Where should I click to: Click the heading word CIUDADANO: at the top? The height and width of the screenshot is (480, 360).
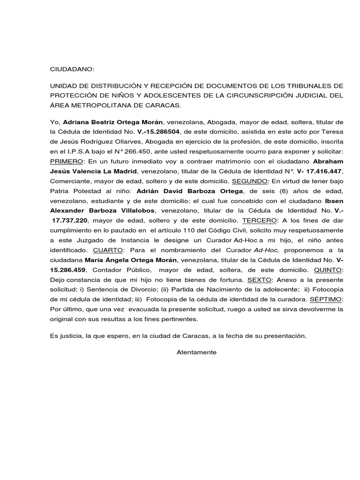coord(72,69)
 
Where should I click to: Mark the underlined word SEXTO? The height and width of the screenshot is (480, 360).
coord(260,280)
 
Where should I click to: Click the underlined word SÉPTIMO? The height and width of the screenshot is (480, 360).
coord(328,300)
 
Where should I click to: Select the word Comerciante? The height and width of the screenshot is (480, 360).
coord(71,181)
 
